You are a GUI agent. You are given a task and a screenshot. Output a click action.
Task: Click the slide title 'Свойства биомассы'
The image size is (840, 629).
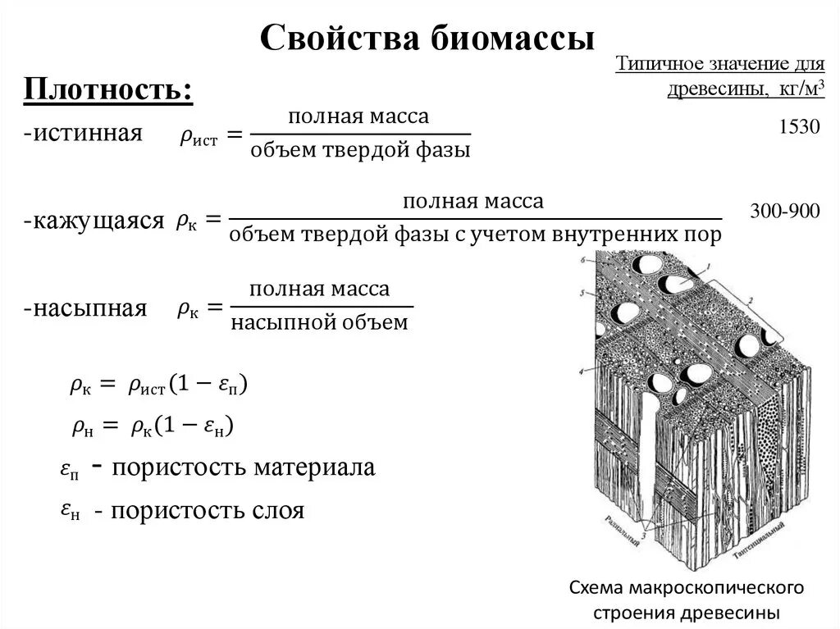427,39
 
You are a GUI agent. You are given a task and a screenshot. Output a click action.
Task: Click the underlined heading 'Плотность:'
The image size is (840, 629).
108,89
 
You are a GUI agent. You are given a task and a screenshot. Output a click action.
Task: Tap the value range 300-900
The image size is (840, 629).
785,212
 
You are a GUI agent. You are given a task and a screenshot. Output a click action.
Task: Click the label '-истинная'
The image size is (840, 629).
83,133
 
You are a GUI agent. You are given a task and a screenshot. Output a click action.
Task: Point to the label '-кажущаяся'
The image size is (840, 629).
94,221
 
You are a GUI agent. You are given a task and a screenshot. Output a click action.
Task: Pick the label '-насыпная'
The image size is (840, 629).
85,308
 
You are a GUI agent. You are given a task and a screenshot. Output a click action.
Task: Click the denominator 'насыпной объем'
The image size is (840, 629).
319,322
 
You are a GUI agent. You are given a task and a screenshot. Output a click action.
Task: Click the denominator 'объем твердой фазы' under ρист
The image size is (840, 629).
360,151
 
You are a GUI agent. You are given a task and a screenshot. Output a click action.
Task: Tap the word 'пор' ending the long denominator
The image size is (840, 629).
703,236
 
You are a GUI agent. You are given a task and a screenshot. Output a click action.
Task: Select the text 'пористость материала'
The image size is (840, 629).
244,467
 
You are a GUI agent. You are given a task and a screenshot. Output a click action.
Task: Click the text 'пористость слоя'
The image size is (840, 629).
208,511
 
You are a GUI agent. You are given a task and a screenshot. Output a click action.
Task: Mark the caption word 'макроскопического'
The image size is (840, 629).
714,589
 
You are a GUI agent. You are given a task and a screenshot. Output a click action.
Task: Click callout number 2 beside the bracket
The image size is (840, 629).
749,301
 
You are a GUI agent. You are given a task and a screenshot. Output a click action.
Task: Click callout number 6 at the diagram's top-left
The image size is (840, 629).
584,260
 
